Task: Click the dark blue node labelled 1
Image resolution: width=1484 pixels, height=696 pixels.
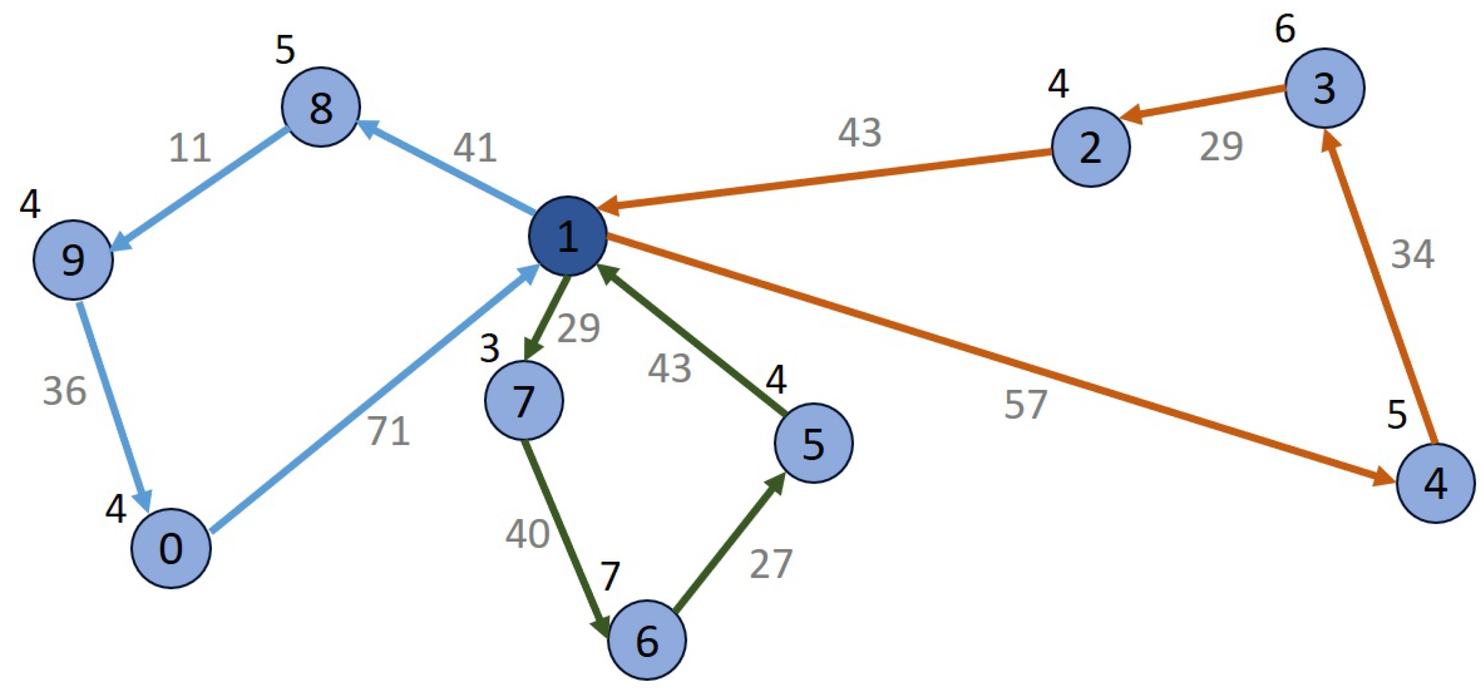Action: (x=567, y=236)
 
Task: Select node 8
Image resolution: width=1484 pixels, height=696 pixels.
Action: (x=321, y=107)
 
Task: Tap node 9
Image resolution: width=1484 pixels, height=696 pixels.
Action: (x=73, y=260)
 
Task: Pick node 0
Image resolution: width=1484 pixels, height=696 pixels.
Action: (x=171, y=548)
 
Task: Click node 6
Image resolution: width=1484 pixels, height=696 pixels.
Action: (x=647, y=640)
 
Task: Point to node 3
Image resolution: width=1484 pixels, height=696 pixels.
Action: (x=1324, y=88)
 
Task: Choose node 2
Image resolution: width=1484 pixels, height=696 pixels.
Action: (x=1091, y=148)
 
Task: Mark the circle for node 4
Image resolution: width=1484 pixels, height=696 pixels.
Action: (x=1435, y=484)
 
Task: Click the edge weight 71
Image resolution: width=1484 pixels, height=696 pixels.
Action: (x=389, y=431)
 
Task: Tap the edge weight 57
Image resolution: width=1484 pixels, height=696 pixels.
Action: (x=1025, y=404)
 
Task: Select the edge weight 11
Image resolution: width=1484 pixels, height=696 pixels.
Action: (x=190, y=148)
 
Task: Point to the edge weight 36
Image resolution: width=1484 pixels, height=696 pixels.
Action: (x=64, y=391)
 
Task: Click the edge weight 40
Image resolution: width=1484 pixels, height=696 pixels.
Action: (x=527, y=534)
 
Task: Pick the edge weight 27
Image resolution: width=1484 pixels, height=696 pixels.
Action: (x=771, y=564)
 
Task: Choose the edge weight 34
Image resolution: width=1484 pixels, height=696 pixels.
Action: (x=1412, y=254)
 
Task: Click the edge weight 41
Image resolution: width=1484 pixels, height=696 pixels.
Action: (x=474, y=148)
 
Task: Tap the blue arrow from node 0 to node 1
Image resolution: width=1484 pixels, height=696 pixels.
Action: (x=374, y=397)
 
